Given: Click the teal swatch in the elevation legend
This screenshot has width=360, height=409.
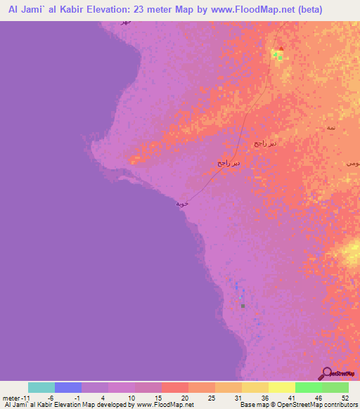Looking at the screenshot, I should [41, 387].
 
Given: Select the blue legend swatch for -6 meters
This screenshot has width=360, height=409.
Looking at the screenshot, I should [68, 387].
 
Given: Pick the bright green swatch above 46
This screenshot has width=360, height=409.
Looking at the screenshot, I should [309, 387].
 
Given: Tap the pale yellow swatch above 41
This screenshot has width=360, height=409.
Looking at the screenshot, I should [282, 387].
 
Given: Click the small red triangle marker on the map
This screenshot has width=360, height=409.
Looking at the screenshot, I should [281, 49].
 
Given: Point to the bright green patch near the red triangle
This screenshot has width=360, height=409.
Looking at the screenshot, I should [280, 57].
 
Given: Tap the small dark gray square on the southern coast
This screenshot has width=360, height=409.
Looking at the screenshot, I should [243, 306].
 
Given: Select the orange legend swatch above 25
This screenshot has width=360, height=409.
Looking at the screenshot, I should [202, 387].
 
